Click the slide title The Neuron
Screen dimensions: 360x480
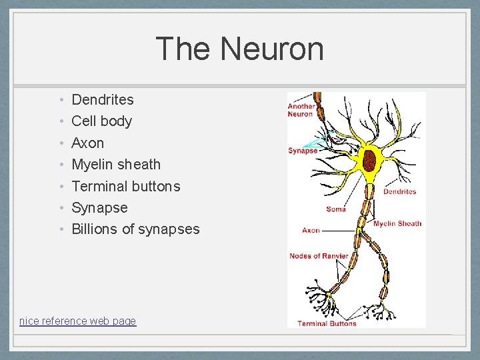239,49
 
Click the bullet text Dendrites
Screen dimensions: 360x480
103,100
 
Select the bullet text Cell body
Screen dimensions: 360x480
101,121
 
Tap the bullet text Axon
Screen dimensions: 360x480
87,143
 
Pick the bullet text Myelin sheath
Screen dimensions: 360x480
116,164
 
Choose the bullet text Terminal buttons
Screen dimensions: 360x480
125,186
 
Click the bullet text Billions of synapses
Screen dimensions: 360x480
135,229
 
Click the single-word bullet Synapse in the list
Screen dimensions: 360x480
99,207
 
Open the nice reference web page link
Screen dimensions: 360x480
77,321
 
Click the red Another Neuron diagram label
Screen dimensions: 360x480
300,110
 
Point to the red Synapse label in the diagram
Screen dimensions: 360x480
302,151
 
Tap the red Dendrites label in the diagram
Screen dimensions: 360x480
399,191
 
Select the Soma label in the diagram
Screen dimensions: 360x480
336,209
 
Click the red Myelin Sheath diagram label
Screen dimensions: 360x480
397,224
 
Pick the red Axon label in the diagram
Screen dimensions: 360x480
311,231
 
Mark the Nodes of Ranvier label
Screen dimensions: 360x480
319,256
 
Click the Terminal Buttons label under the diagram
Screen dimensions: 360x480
327,323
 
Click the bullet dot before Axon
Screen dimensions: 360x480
60,143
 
